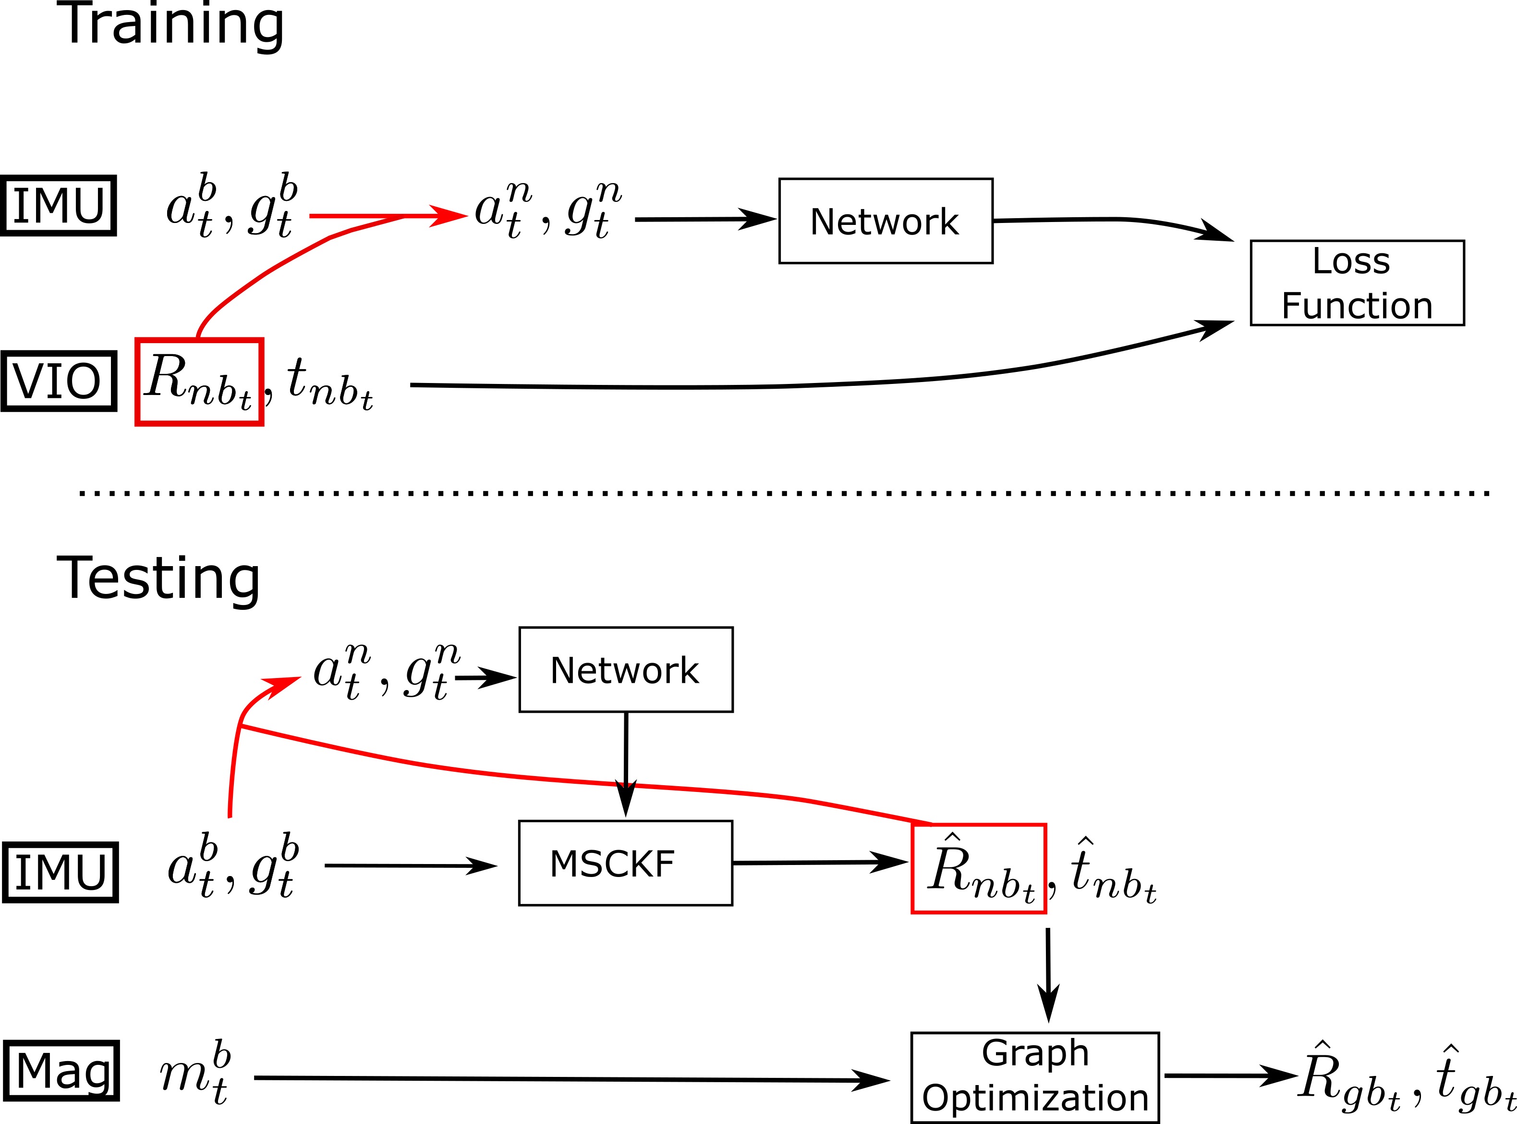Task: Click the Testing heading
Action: (158, 578)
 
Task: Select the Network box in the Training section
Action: (886, 221)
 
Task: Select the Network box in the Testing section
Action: (626, 670)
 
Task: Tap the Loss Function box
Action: (1357, 283)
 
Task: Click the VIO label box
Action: (59, 381)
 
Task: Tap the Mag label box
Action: (61, 1071)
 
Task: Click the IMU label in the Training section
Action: (59, 206)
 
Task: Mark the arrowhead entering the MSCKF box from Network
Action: (626, 800)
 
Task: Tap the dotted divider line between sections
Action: (782, 493)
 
